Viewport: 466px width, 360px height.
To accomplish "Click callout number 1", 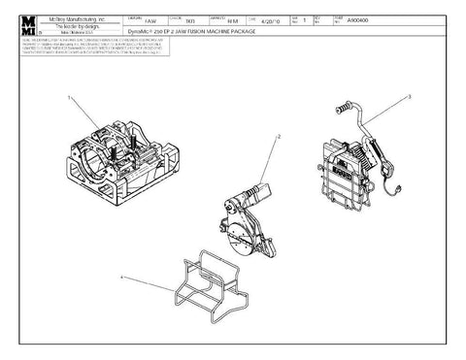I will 69,98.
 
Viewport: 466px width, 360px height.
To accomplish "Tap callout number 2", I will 280,138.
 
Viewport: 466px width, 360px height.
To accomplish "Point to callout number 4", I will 121,278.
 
